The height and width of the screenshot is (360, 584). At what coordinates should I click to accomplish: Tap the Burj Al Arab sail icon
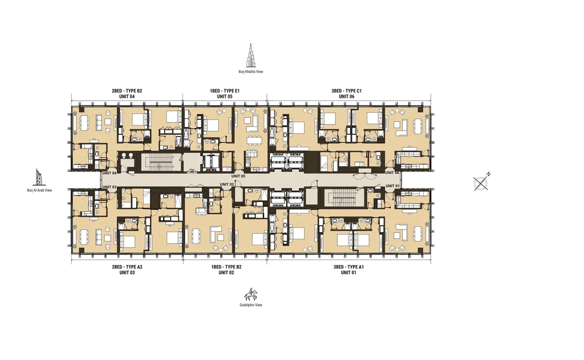(x=39, y=178)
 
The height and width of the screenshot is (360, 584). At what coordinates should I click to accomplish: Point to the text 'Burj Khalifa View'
(x=252, y=72)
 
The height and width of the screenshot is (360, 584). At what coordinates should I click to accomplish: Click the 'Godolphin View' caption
(x=251, y=305)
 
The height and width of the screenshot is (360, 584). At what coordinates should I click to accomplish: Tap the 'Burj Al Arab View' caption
(x=39, y=191)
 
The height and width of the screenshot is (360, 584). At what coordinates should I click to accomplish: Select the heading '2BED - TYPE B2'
(x=127, y=91)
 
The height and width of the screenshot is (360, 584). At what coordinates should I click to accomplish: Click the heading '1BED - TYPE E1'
(x=224, y=91)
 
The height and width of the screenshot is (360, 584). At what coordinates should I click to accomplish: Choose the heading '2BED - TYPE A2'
(x=127, y=267)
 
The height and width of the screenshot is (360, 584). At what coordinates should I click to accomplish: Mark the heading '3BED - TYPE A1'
(x=348, y=267)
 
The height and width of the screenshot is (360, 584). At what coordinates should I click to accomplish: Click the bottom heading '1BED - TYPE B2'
(x=226, y=267)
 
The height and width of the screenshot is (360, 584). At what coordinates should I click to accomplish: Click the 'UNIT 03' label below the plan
(x=127, y=273)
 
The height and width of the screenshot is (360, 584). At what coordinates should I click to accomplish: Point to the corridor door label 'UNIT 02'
(x=227, y=184)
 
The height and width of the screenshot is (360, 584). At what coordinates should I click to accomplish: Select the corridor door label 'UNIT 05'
(x=238, y=176)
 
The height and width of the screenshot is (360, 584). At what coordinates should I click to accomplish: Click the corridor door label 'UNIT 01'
(x=392, y=185)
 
